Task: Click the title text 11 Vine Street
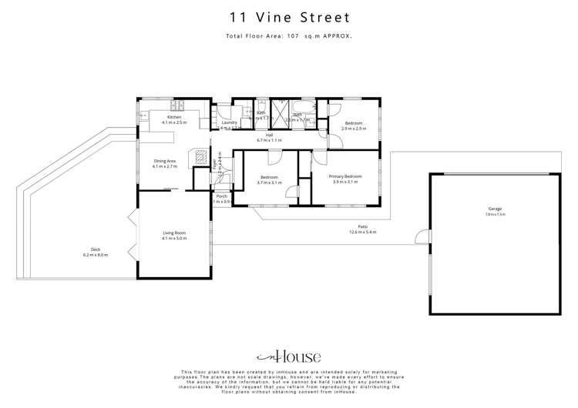coord(289,17)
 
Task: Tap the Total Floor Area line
coord(289,36)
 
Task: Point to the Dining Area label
coord(165,161)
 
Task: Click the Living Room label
coord(174,233)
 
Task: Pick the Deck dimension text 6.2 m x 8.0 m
coord(96,254)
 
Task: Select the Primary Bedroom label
coord(346,177)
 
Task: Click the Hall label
coord(270,135)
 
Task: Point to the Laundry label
coord(229,122)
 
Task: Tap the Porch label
coord(222,196)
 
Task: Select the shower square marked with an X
coord(278,108)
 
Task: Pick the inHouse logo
coord(289,356)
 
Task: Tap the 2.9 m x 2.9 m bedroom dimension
coord(353,129)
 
